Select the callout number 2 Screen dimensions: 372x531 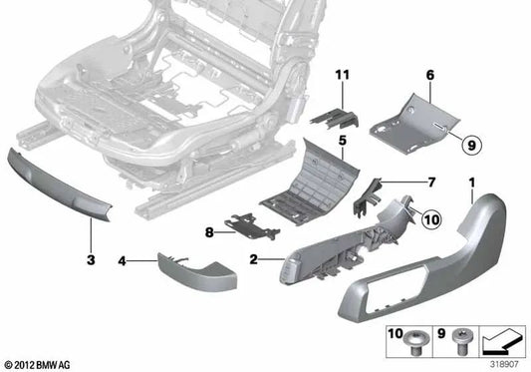pyautogui.click(x=254, y=260)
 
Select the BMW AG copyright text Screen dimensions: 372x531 pyautogui.click(x=38, y=364)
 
